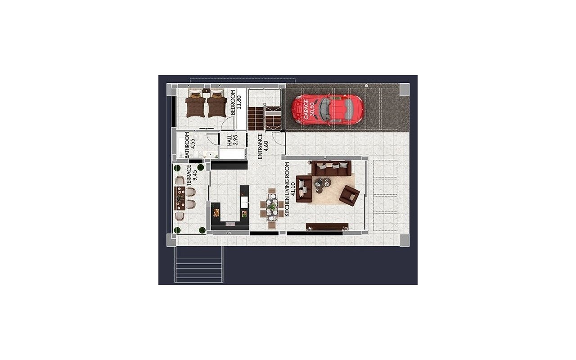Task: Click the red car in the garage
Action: (x=327, y=110)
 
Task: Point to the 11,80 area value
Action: (x=239, y=103)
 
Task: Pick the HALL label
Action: (x=229, y=141)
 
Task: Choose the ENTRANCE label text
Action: (x=260, y=146)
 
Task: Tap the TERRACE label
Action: (x=189, y=175)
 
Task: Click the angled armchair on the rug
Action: (x=349, y=194)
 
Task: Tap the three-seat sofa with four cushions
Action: (x=331, y=168)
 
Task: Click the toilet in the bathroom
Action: (x=196, y=155)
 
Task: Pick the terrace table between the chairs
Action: (x=179, y=198)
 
